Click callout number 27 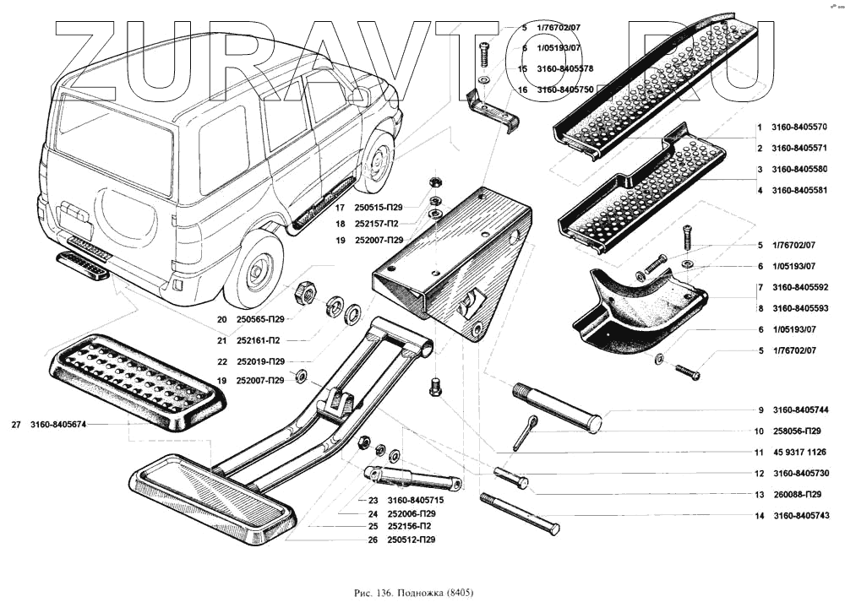[x=16, y=425]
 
